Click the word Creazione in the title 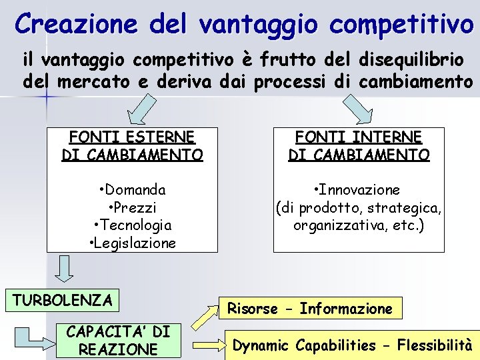(74, 24)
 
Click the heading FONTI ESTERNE (132, 137)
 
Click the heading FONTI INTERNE (359, 137)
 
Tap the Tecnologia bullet (132, 225)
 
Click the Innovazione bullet (359, 190)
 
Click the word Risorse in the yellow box (253, 309)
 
